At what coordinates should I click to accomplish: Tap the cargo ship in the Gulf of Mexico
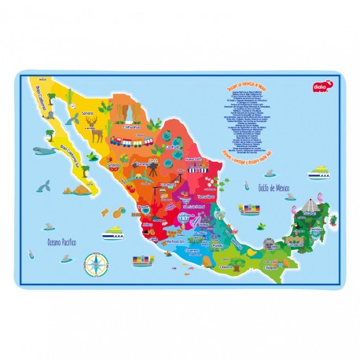(253, 209)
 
